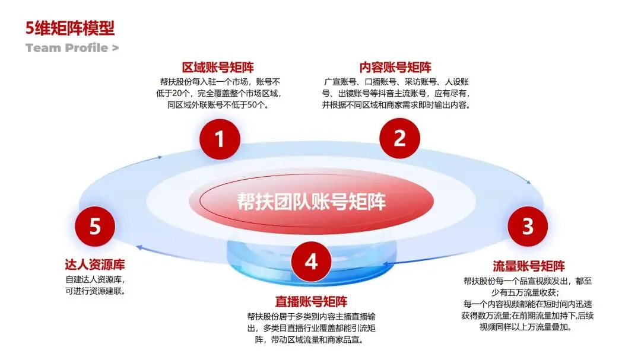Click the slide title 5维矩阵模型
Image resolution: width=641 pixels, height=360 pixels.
[x=70, y=28]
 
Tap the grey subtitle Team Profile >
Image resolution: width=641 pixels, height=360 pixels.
[x=72, y=48]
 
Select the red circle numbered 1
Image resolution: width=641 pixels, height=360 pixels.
[x=220, y=139]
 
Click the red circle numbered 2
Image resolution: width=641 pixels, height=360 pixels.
[x=399, y=138]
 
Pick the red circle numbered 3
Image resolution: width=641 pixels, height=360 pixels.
[x=527, y=226]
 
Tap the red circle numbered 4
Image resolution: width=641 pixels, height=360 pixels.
[x=312, y=262]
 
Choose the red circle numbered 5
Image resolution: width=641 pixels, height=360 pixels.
[x=95, y=226]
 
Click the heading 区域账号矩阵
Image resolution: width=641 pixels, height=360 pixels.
[x=218, y=67]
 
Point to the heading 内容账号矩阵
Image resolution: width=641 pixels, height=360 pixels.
[x=396, y=67]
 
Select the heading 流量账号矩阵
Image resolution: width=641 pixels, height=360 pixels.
[x=529, y=265]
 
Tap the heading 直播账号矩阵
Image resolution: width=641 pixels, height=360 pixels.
[x=312, y=301]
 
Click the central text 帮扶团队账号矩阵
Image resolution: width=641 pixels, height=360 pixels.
[x=312, y=202]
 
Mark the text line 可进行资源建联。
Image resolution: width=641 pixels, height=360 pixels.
[x=99, y=291]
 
